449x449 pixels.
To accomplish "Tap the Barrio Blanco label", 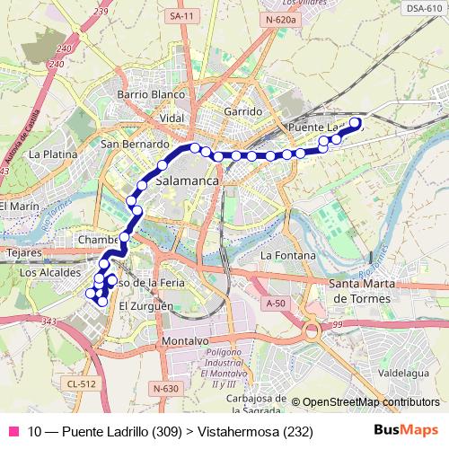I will (x=150, y=94).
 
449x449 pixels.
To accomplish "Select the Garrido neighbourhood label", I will (x=243, y=110).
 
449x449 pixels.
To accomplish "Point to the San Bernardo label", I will (x=136, y=144).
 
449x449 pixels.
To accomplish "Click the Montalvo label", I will (x=185, y=342).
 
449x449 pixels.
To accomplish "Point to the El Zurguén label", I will (x=145, y=306).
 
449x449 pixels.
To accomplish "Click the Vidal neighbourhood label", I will (x=171, y=118).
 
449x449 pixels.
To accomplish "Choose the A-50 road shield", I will (x=276, y=304).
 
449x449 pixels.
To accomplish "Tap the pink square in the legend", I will (x=13, y=432).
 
